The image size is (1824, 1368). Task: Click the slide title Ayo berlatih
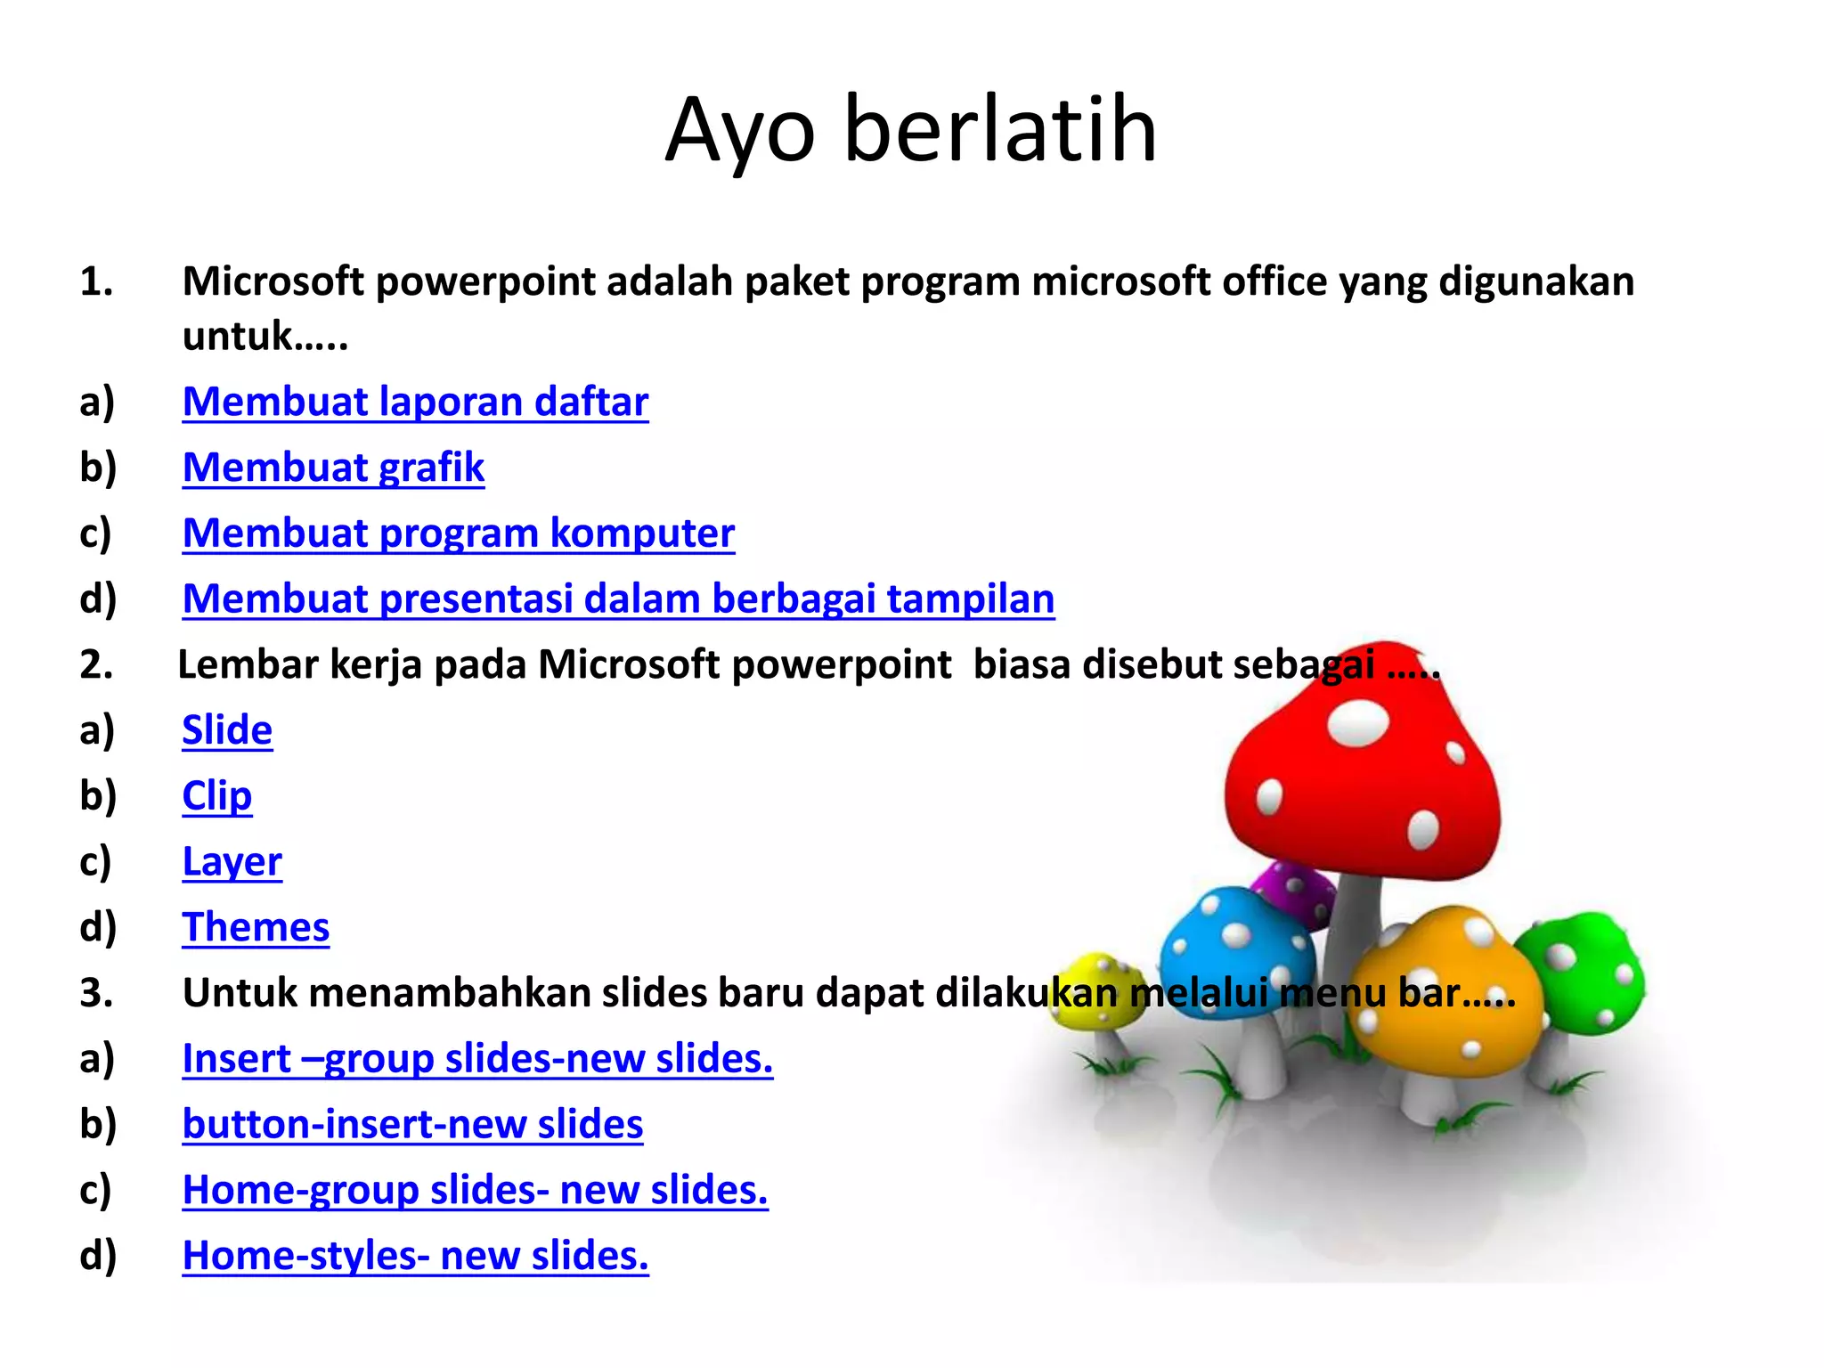pyautogui.click(x=910, y=130)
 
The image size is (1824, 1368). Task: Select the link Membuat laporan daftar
pyautogui.click(x=415, y=402)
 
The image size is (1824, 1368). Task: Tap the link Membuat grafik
pyautogui.click(x=333, y=468)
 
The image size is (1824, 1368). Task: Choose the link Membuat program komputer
pyautogui.click(x=458, y=533)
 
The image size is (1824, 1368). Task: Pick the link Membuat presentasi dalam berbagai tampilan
pyautogui.click(x=618, y=598)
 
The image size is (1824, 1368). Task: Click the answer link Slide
pyautogui.click(x=227, y=730)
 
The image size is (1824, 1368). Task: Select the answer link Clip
pyautogui.click(x=216, y=796)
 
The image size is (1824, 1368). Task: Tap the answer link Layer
pyautogui.click(x=232, y=862)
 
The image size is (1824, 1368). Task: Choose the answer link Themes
pyautogui.click(x=256, y=928)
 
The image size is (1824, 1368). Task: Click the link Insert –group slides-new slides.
pyautogui.click(x=477, y=1059)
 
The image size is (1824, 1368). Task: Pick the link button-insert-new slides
pyautogui.click(x=412, y=1125)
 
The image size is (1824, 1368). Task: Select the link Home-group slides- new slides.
pyautogui.click(x=475, y=1191)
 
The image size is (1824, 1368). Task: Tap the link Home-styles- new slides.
pyautogui.click(x=415, y=1256)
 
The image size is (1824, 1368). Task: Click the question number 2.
pyautogui.click(x=96, y=665)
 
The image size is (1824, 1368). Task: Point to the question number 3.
pyautogui.click(x=96, y=993)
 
